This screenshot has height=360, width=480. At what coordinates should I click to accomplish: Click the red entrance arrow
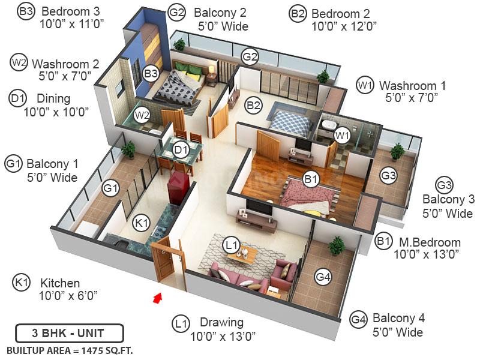158,297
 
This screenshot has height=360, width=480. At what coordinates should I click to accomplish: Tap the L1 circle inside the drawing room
231,244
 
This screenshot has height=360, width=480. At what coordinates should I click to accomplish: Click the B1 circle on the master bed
310,179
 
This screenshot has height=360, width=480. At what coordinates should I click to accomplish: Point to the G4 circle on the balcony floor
323,277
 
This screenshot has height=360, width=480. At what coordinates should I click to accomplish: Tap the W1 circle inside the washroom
342,135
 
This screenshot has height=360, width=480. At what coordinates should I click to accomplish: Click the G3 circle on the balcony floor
389,176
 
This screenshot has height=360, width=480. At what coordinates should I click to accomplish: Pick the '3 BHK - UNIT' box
70,333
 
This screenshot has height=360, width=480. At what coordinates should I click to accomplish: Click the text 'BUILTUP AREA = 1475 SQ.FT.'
70,350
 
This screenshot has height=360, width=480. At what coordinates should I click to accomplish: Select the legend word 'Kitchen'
60,283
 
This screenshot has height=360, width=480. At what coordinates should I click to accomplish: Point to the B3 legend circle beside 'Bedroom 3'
26,12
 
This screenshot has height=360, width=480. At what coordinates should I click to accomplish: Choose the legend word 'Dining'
53,98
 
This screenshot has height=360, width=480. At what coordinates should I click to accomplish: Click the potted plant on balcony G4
337,244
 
